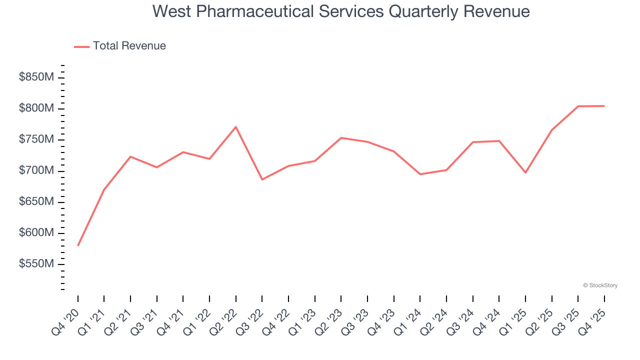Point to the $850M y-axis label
[x=36, y=77]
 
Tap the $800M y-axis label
[x=36, y=108]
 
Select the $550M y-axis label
[x=36, y=264]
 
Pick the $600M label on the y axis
[x=36, y=233]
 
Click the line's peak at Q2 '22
[x=235, y=127]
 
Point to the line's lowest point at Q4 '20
[x=78, y=245]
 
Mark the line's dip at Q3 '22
[x=262, y=179]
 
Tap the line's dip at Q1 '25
[x=525, y=172]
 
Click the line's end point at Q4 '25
[x=604, y=106]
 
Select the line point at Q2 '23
[x=341, y=138]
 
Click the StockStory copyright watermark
[x=600, y=285]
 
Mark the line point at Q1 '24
[x=420, y=174]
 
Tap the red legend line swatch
[x=81, y=46]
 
